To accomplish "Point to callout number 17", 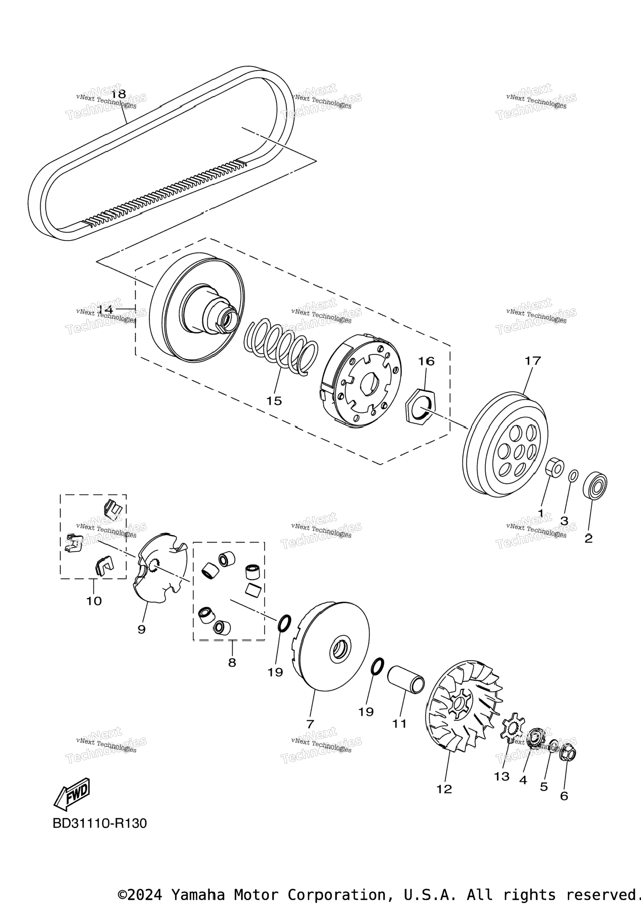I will point(533,360).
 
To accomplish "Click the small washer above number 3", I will point(573,476).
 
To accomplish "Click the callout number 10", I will point(94,601).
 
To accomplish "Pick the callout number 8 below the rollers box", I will point(232,662).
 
